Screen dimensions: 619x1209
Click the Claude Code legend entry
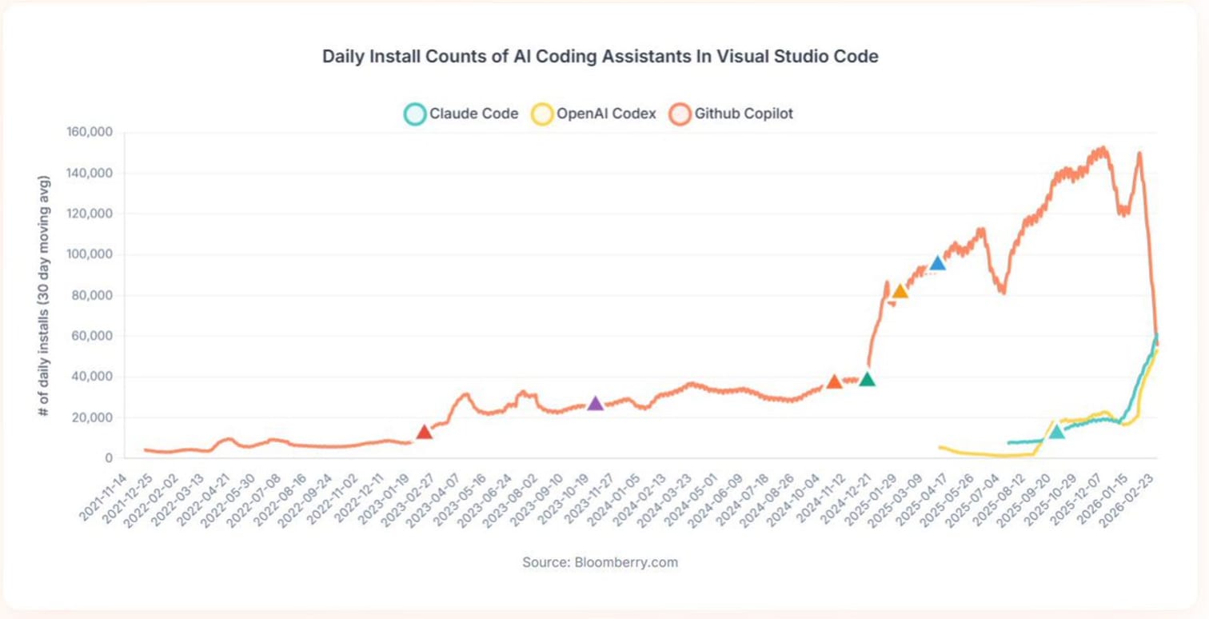(x=461, y=114)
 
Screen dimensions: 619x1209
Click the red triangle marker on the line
(x=424, y=432)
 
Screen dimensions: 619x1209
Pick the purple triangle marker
(x=595, y=403)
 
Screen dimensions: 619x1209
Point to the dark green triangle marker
(x=867, y=379)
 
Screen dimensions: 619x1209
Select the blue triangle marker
(x=938, y=263)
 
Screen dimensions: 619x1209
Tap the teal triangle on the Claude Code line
(x=1056, y=432)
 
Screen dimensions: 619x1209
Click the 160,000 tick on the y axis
(x=89, y=132)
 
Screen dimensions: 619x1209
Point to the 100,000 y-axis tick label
(x=89, y=254)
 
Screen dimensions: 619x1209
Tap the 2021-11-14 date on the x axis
(x=102, y=497)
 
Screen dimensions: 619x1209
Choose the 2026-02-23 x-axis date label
(x=1127, y=497)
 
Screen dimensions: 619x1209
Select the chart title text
(x=600, y=57)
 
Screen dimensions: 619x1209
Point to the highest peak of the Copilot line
(x=1103, y=148)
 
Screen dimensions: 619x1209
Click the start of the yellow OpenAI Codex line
(x=940, y=447)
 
